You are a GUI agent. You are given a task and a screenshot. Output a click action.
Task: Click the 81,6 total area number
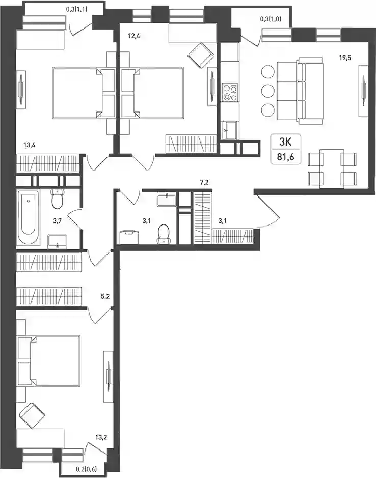coord(286,157)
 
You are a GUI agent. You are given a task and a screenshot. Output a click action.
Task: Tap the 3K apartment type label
coord(286,142)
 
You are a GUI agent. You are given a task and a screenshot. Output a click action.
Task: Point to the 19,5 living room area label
coord(345,58)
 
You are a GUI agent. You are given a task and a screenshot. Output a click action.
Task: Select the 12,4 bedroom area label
coord(134,36)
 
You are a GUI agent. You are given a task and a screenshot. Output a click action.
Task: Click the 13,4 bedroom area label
coord(30,145)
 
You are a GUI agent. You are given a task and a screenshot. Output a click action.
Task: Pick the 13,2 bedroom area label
coord(101,437)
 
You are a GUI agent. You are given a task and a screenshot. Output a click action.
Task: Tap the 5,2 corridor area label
coord(105,296)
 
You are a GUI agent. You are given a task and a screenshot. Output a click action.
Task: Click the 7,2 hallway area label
coord(204,183)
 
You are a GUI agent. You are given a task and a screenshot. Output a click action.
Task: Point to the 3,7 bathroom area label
coord(57,221)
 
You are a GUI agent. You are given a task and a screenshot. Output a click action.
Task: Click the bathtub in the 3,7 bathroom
coord(29,217)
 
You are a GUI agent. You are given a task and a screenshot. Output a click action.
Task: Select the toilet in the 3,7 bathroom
coord(57,199)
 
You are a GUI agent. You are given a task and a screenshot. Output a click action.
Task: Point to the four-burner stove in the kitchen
coord(230,93)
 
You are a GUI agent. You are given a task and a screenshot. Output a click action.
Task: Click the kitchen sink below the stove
coord(230,130)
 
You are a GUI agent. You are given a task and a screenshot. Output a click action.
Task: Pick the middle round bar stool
coord(267,91)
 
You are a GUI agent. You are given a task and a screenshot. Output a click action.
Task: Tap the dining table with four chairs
coord(332,169)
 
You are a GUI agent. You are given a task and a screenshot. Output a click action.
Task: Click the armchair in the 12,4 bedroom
coord(201,55)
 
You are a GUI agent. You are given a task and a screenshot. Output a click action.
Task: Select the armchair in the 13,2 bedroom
coord(32,415)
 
